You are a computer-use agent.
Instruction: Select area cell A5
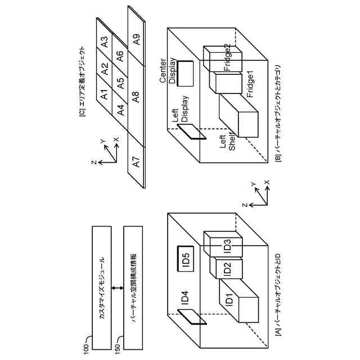coord(120,83)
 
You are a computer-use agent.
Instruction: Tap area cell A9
coord(137,39)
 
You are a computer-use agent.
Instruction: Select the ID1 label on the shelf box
coord(229,300)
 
